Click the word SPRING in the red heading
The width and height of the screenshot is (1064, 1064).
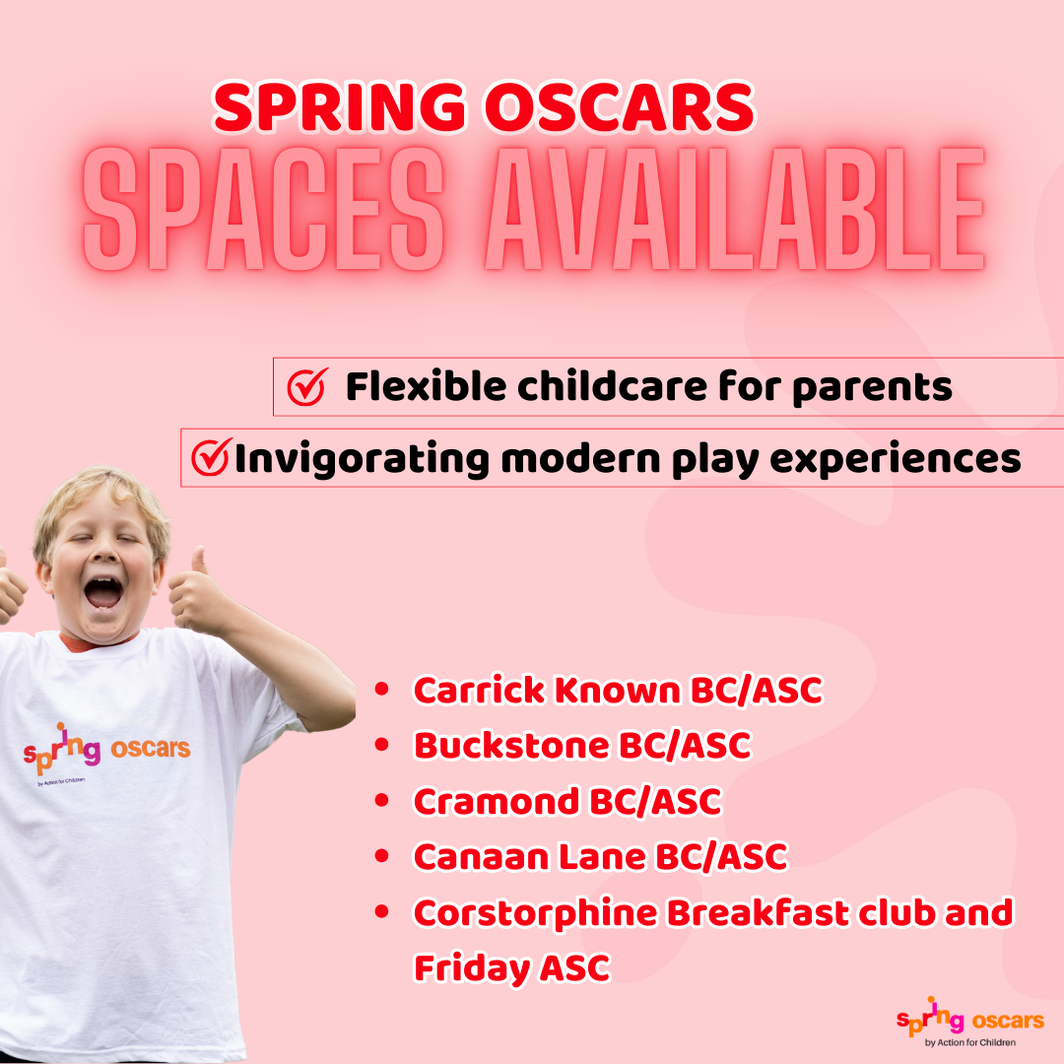(340, 106)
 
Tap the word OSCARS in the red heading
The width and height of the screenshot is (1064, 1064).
(619, 106)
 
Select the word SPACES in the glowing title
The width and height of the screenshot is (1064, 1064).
(263, 208)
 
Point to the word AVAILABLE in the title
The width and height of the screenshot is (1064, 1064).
(735, 208)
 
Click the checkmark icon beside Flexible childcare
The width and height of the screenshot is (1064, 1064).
(307, 387)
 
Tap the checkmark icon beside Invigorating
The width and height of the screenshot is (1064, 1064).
(211, 457)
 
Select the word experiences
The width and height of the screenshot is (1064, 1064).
(895, 460)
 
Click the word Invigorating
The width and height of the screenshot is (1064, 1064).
(362, 459)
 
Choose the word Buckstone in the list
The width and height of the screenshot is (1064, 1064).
(511, 745)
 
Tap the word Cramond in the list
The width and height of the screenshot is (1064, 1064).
(496, 801)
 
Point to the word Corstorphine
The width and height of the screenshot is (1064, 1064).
(535, 914)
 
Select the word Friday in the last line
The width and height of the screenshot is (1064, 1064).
(472, 969)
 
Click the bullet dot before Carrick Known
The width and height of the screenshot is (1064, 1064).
(382, 690)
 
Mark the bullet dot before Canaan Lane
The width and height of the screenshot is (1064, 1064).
(382, 856)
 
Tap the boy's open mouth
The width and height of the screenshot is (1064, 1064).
(102, 593)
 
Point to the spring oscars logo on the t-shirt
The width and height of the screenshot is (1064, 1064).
(106, 751)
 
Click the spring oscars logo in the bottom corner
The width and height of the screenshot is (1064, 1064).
(970, 1022)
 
